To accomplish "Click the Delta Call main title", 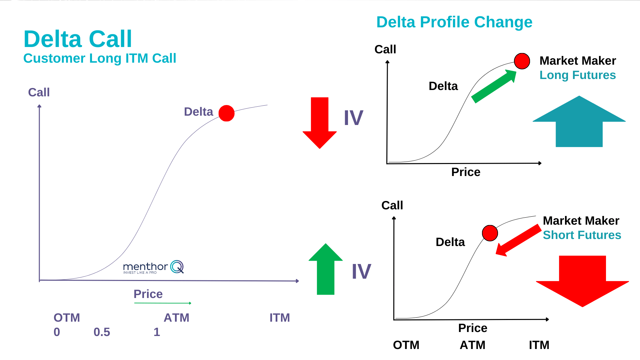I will (78, 39).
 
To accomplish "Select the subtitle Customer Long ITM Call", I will (100, 58).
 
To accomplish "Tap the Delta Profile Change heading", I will (454, 22).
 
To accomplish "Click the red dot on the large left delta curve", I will (227, 113).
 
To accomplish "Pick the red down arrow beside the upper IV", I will (320, 122).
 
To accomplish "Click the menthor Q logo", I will (153, 267).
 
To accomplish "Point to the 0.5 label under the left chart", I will (102, 332).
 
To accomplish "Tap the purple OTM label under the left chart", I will (67, 318).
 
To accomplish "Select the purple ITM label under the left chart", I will (280, 318).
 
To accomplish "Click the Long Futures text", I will (578, 75).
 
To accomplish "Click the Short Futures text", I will (582, 235).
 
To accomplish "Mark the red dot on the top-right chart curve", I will (522, 61).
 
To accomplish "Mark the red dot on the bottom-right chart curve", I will (490, 233).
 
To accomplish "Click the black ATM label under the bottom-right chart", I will (472, 345).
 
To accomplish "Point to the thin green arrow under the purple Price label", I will (163, 303).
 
